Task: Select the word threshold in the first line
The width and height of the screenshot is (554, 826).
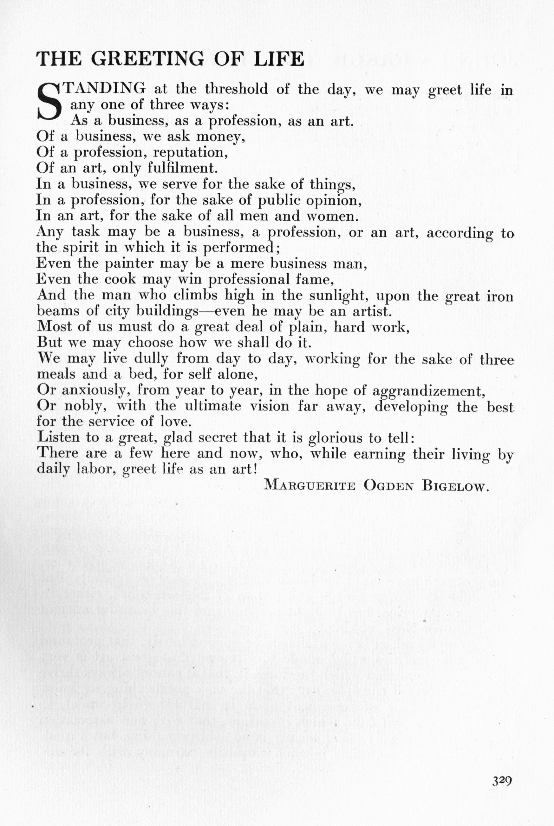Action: (236, 89)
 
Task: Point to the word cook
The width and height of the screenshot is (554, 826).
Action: (120, 279)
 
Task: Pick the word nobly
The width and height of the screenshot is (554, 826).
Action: (86, 406)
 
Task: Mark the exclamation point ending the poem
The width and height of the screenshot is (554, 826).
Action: (254, 469)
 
